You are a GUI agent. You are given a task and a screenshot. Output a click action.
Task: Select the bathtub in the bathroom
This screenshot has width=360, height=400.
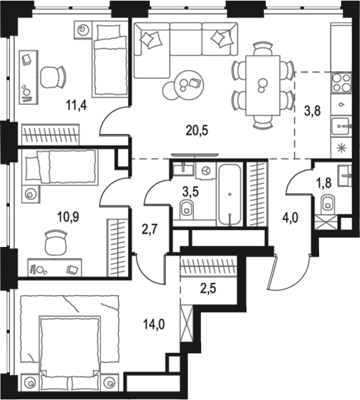tap(230, 194)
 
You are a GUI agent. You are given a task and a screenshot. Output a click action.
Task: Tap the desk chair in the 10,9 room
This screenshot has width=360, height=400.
tap(56, 243)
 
